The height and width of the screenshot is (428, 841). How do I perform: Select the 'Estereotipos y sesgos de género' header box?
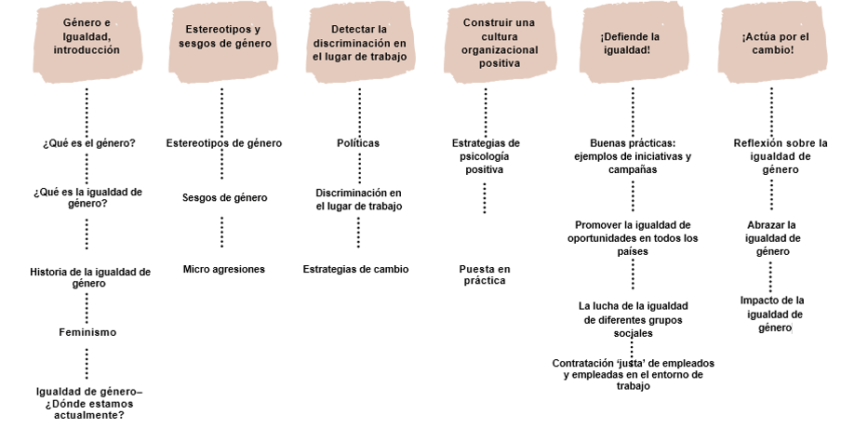pyautogui.click(x=225, y=44)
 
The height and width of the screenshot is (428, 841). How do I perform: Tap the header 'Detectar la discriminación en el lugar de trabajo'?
pyautogui.click(x=360, y=44)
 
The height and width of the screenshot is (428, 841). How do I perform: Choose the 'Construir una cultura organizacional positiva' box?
pyautogui.click(x=500, y=44)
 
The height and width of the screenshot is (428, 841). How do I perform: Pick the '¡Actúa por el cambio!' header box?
pyautogui.click(x=772, y=44)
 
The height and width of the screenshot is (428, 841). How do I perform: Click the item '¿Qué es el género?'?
pyautogui.click(x=89, y=143)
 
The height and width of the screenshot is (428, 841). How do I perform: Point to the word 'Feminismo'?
pyautogui.click(x=87, y=332)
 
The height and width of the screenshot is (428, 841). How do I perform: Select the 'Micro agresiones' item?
pyautogui.click(x=223, y=269)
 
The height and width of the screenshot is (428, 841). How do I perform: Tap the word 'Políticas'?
pyautogui.click(x=358, y=143)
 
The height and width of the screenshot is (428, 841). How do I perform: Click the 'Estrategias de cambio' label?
pyautogui.click(x=355, y=269)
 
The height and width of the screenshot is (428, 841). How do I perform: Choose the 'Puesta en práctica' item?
pyautogui.click(x=485, y=274)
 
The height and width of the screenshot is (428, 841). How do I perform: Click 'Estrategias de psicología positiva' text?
pyautogui.click(x=486, y=156)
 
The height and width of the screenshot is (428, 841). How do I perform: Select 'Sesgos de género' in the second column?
pyautogui.click(x=225, y=198)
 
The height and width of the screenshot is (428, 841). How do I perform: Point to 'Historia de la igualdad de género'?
pyautogui.click(x=90, y=278)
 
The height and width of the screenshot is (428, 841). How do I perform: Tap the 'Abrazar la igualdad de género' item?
pyautogui.click(x=772, y=238)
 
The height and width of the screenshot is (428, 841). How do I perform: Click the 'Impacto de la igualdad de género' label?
pyautogui.click(x=772, y=314)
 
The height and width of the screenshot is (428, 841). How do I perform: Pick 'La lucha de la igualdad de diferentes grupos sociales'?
pyautogui.click(x=634, y=320)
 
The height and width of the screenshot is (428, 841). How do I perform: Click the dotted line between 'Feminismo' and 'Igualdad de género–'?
pyautogui.click(x=87, y=364)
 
